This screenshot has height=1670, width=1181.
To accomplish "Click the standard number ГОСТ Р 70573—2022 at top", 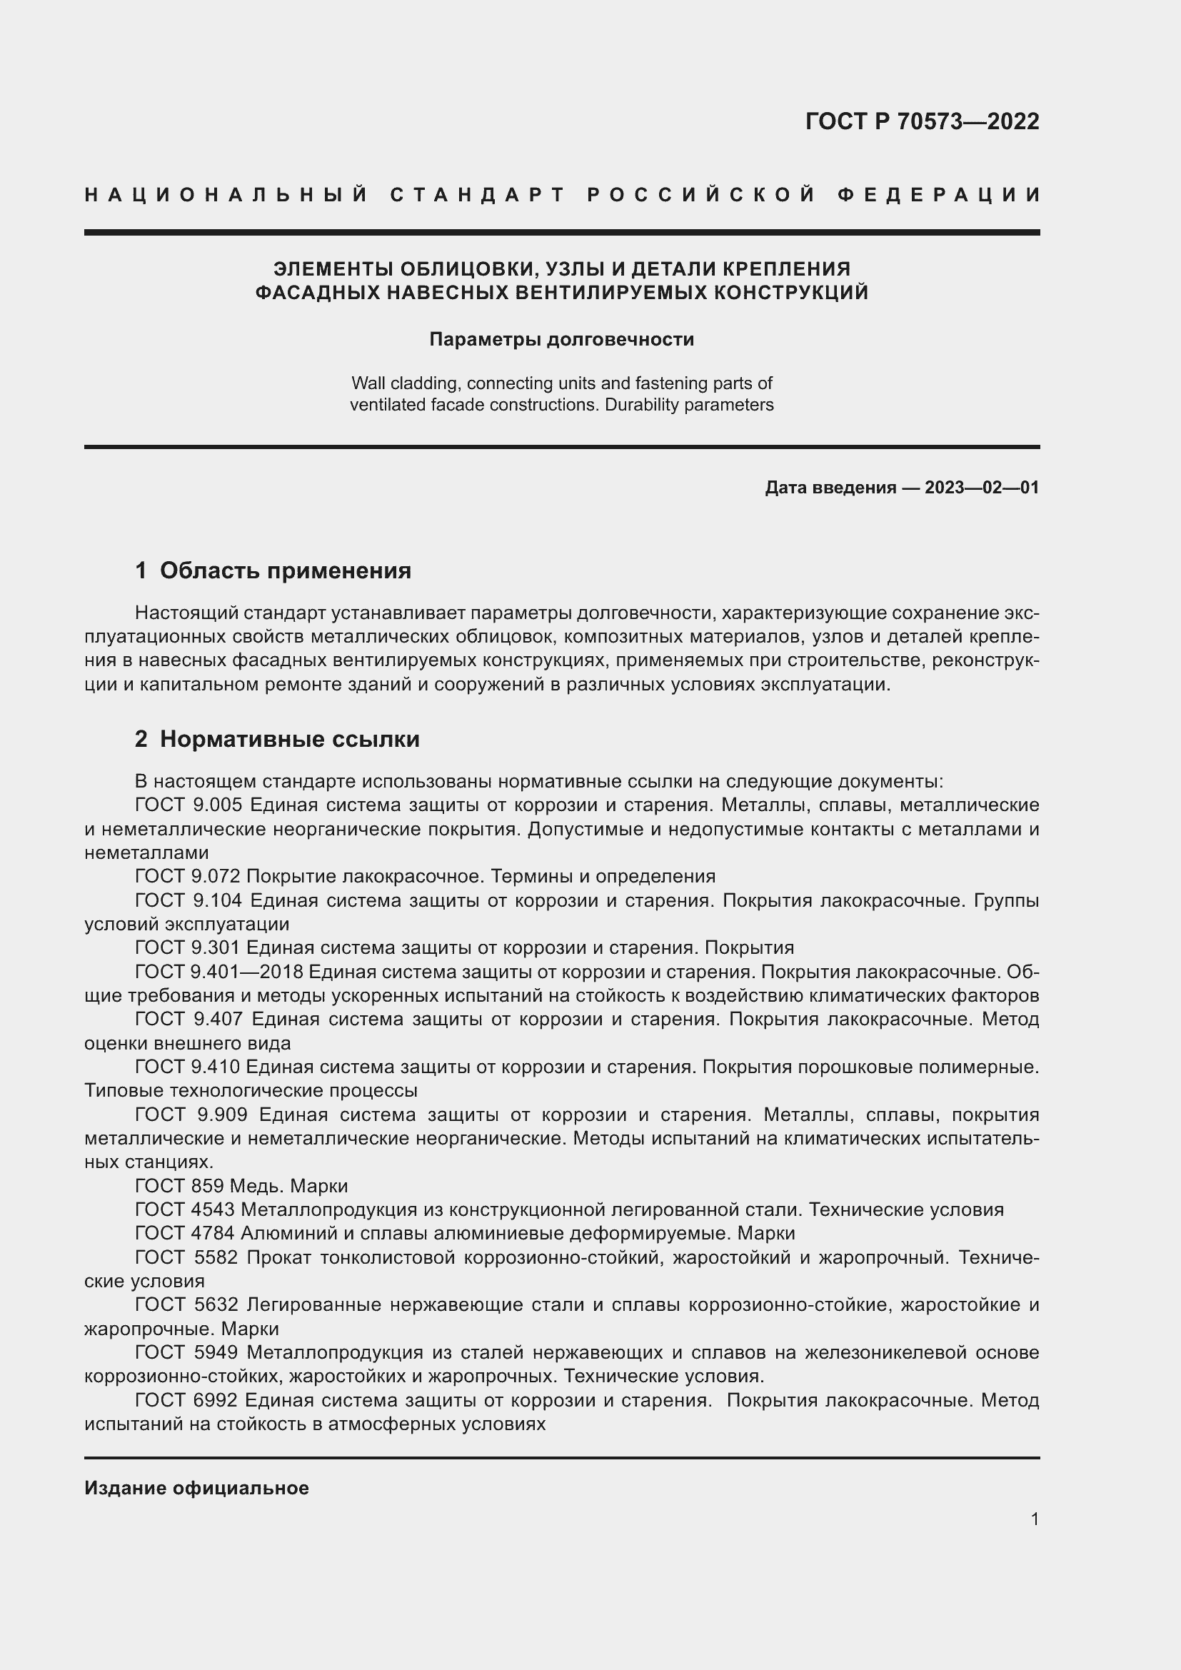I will (921, 121).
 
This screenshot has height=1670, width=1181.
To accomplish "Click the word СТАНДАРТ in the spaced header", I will (478, 195).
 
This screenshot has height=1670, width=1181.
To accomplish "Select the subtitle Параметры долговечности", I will (561, 340).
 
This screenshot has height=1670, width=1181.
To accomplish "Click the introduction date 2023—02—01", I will (982, 488).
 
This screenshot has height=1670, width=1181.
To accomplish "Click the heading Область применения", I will (285, 571).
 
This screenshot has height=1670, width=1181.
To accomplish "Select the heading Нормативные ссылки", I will (289, 740).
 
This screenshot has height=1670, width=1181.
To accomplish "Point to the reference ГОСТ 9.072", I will (188, 877).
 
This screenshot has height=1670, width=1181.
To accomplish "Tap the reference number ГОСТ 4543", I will (185, 1210).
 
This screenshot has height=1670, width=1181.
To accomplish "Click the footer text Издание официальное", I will (196, 1489).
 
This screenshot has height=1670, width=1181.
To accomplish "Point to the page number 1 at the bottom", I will (1034, 1519).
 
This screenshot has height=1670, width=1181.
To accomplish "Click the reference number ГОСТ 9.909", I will (192, 1115).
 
